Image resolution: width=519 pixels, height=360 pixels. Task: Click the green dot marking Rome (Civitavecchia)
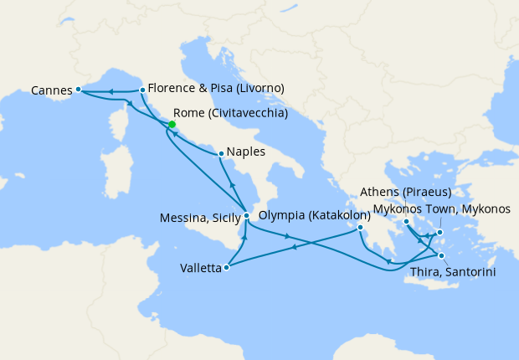172,125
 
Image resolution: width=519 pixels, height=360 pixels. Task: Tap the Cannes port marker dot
77,89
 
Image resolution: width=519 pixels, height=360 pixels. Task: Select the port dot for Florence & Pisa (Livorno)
143,90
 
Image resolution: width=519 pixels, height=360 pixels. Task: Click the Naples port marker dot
220,153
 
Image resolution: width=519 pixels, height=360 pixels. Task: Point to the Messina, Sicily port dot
246,216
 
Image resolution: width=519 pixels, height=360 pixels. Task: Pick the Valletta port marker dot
228,268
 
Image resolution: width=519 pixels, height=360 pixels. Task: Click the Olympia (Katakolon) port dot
360,228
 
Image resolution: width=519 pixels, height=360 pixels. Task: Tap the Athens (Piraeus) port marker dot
407,222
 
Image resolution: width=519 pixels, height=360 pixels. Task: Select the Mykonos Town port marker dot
439,232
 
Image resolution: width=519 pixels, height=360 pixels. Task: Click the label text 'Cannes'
50,89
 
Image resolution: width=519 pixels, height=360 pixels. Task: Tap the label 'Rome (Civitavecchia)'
230,113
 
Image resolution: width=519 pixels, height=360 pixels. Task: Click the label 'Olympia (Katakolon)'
314,215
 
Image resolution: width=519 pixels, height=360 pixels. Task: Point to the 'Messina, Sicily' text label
199,218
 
